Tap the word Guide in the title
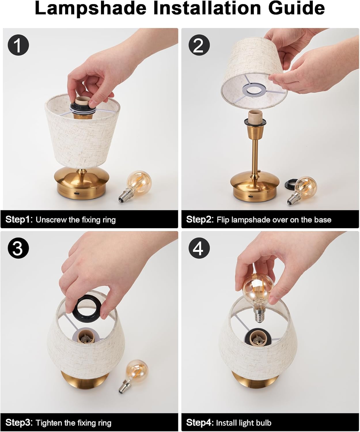point(296,9)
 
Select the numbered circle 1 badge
point(18,45)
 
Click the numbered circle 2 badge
point(199,45)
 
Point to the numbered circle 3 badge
point(18,248)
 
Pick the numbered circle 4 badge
point(199,248)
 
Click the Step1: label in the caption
point(19,219)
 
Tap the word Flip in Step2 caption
point(223,219)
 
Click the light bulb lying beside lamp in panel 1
point(135,186)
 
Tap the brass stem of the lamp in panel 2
point(255,157)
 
